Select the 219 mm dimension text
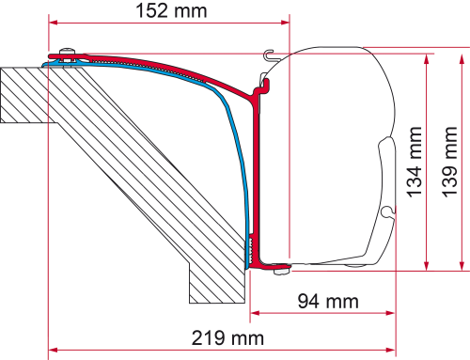tap(227, 337)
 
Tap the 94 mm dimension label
tap(317, 301)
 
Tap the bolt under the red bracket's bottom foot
tap(278, 274)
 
